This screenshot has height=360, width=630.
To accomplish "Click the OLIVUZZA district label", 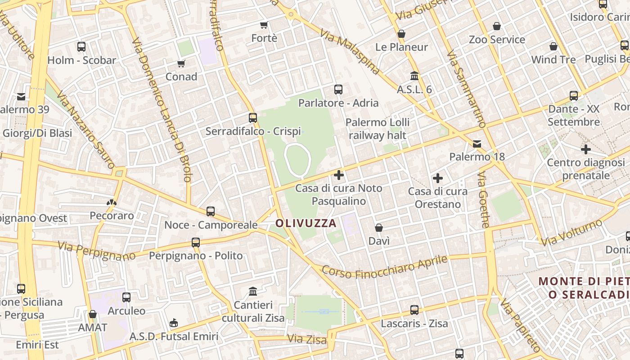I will pyautogui.click(x=306, y=223).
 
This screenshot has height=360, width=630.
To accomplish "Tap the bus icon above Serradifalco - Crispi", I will pyautogui.click(x=253, y=118).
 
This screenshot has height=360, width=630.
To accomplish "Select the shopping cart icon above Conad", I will pyautogui.click(x=181, y=63).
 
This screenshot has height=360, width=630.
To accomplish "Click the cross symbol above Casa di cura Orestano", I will pyautogui.click(x=437, y=178).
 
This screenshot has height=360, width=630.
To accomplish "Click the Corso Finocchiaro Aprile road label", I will pyautogui.click(x=385, y=268).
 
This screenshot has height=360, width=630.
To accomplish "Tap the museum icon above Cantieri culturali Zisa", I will pyautogui.click(x=253, y=292).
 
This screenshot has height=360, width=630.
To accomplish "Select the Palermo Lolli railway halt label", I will pyautogui.click(x=378, y=129).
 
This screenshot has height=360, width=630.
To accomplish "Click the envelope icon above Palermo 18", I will pyautogui.click(x=477, y=144).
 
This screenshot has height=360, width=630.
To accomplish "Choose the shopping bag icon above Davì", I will pyautogui.click(x=379, y=228).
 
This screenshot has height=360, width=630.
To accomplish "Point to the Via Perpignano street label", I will pyautogui.click(x=96, y=251).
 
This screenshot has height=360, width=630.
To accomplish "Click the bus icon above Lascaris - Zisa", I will pyautogui.click(x=414, y=310).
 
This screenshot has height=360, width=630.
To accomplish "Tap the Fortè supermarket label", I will pyautogui.click(x=264, y=38).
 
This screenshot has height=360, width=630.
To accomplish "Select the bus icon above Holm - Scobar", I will pyautogui.click(x=81, y=47).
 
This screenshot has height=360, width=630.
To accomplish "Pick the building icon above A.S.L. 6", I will pyautogui.click(x=414, y=76).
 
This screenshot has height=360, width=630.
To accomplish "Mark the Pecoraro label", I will pyautogui.click(x=112, y=216).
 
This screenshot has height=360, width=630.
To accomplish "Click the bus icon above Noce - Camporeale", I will pyautogui.click(x=210, y=211).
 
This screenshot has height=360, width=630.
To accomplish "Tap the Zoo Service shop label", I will pyautogui.click(x=497, y=40).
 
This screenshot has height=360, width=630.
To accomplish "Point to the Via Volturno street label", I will pyautogui.click(x=571, y=233).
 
